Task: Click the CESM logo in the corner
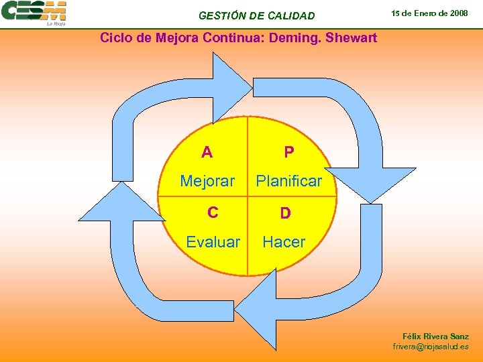[x=34, y=13]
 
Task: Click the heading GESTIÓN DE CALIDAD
[x=256, y=15]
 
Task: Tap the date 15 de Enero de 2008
[x=430, y=13]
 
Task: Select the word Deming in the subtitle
[x=294, y=38]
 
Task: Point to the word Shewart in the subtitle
[x=351, y=38]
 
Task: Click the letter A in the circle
[x=207, y=152]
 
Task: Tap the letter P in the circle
[x=288, y=152]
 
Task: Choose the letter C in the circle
[x=213, y=213]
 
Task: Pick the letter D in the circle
[x=285, y=213]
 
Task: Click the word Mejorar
[x=207, y=181]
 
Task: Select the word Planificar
[x=289, y=181]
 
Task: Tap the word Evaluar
[x=213, y=242]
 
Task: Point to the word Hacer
[x=284, y=242]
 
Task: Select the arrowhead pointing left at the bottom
[x=258, y=308]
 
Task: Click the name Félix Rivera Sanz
[x=435, y=337]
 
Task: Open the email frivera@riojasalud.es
[x=431, y=347]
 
